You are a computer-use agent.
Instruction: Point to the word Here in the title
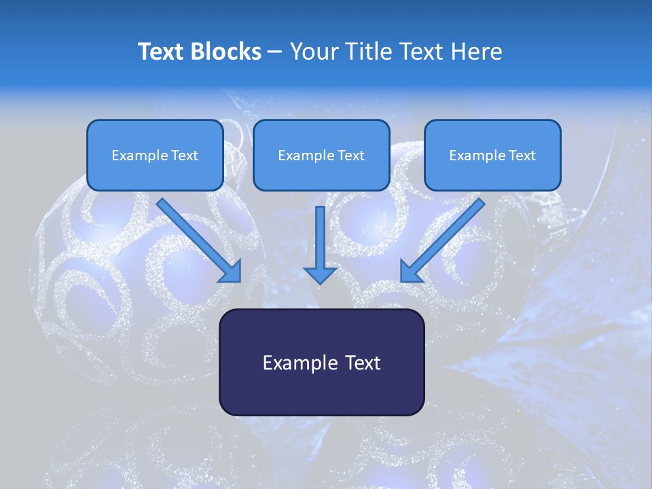[478, 52]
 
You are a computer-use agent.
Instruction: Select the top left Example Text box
[155, 155]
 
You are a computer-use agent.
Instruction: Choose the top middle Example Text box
[321, 155]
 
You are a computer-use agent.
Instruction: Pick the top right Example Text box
[492, 155]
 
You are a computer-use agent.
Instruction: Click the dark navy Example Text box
[321, 362]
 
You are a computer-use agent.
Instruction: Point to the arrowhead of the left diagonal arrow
[231, 272]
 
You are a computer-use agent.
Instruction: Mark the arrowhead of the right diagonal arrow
[411, 271]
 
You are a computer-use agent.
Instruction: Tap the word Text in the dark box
[361, 363]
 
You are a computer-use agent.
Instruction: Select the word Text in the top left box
[184, 156]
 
